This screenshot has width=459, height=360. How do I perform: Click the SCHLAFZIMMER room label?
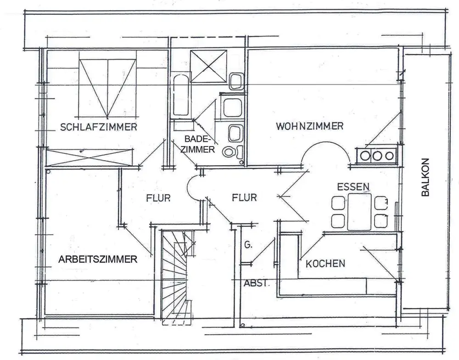pyautogui.click(x=99, y=127)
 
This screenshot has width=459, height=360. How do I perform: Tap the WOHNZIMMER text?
pyautogui.click(x=310, y=126)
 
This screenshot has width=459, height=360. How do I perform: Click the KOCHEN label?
pyautogui.click(x=325, y=264)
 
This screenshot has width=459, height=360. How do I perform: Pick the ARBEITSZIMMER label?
pyautogui.click(x=98, y=259)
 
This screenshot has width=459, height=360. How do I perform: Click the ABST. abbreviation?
pyautogui.click(x=256, y=283)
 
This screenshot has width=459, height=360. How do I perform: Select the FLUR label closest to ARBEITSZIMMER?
pyautogui.click(x=158, y=198)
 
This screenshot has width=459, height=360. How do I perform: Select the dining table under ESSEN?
pyautogui.click(x=359, y=211)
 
